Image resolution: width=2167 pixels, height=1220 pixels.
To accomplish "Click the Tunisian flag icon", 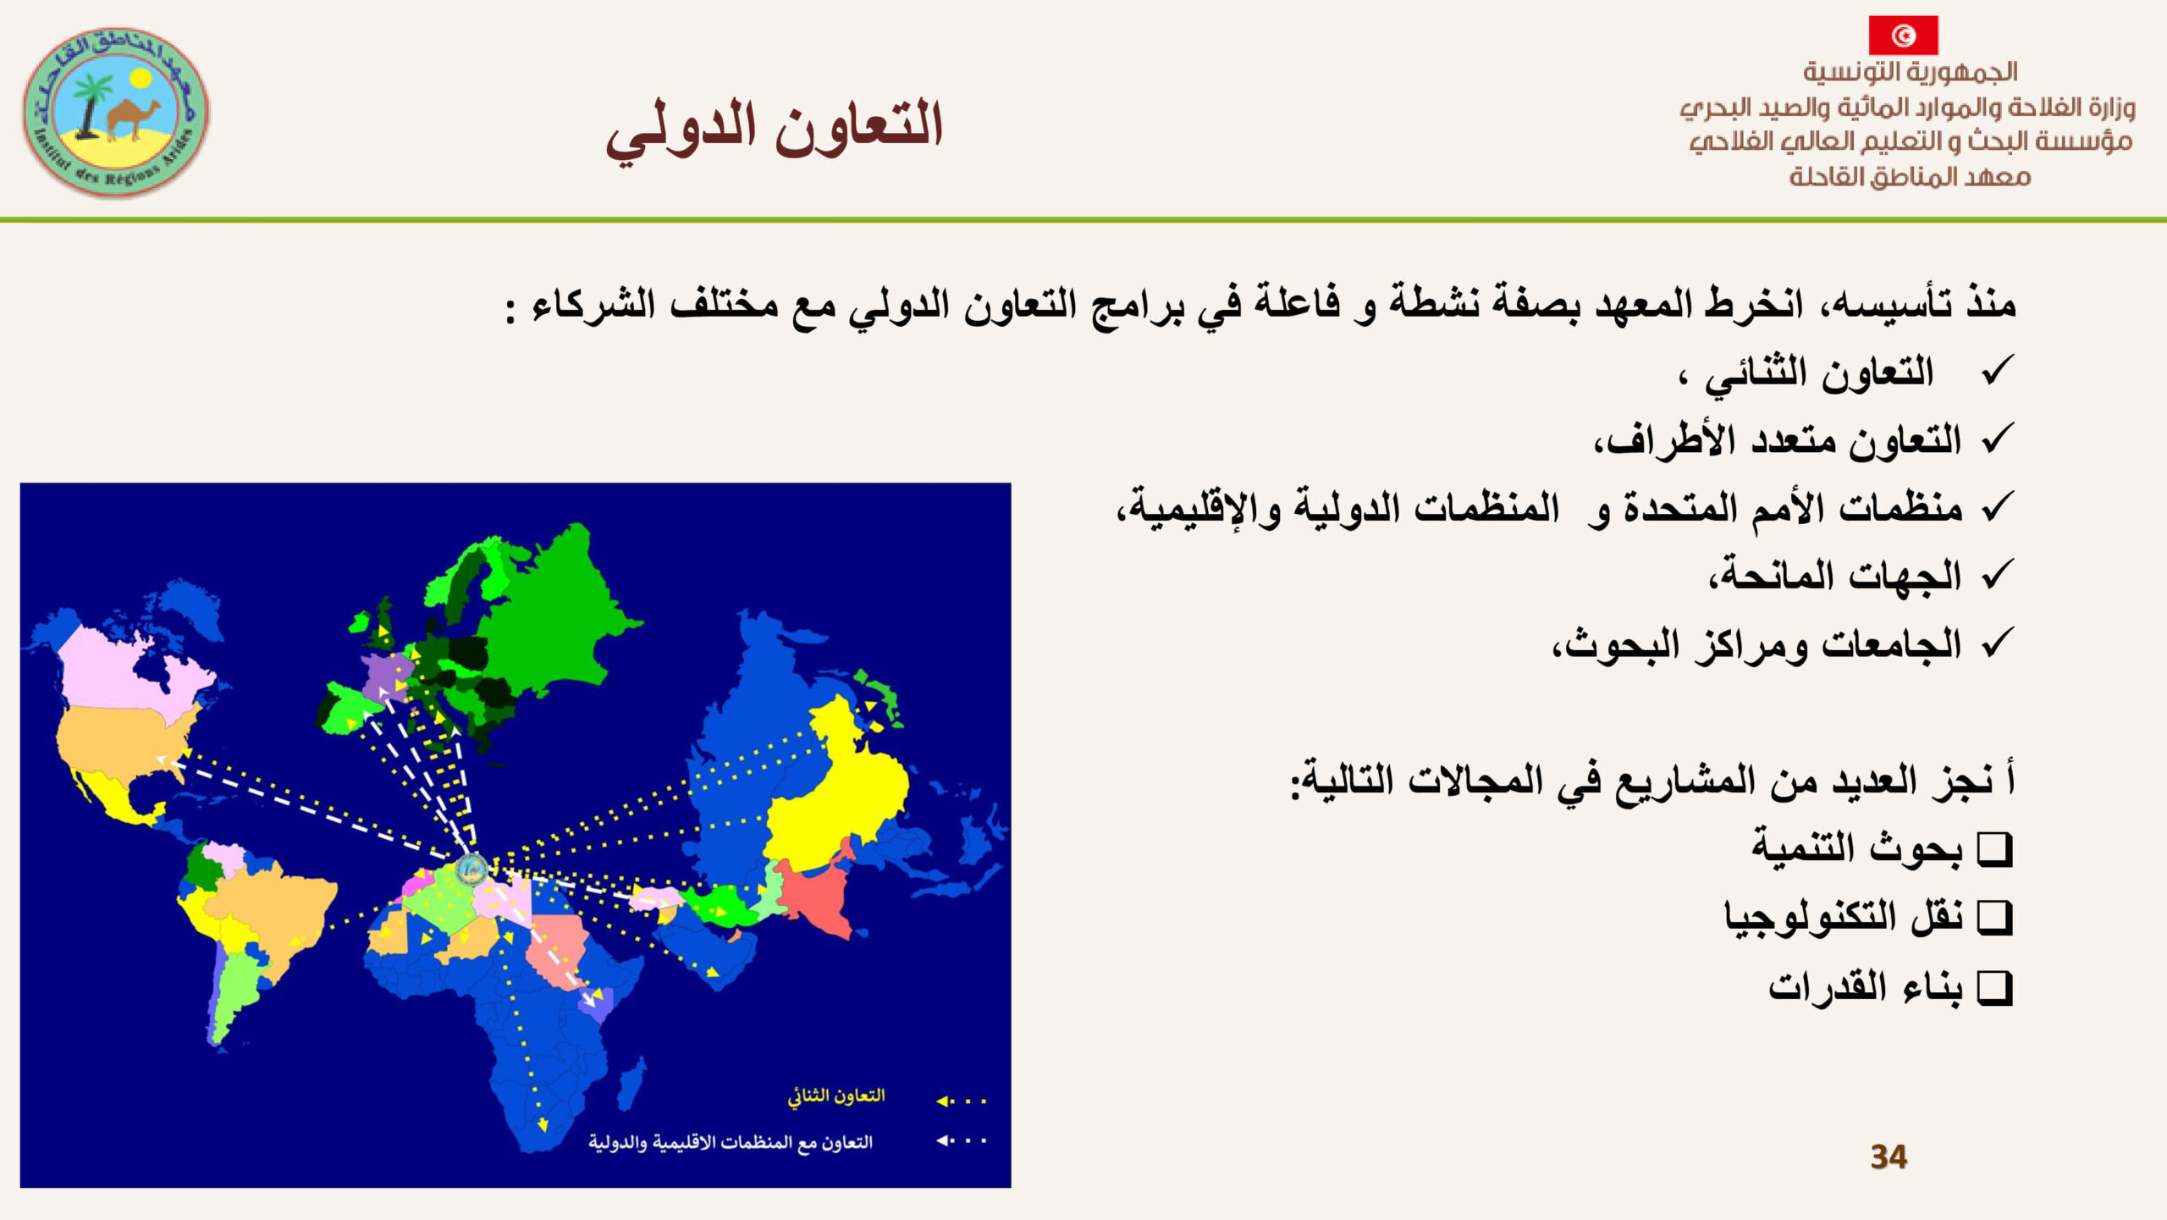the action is click(x=1903, y=36).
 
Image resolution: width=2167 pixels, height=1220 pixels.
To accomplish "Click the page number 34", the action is click(x=1889, y=1157).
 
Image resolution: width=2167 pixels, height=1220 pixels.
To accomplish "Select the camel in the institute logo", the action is click(x=135, y=119).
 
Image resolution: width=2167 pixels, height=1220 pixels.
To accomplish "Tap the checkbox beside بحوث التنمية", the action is click(x=1994, y=848).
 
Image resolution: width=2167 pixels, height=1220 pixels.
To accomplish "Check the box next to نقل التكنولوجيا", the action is click(x=1994, y=917).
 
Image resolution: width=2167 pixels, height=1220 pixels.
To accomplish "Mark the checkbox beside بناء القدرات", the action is click(x=1994, y=987).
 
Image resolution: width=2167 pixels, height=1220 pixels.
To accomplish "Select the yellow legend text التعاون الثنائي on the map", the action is click(x=835, y=1096).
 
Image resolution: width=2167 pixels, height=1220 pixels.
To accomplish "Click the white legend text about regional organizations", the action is click(x=731, y=1143).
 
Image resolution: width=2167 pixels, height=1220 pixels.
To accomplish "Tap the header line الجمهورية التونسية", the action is click(x=1911, y=72).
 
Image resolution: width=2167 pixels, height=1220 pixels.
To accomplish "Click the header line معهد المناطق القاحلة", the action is click(x=1910, y=176).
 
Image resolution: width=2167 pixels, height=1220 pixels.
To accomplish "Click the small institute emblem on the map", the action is click(x=471, y=868).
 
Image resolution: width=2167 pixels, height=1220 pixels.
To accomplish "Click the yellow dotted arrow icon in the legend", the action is click(x=961, y=1101).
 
